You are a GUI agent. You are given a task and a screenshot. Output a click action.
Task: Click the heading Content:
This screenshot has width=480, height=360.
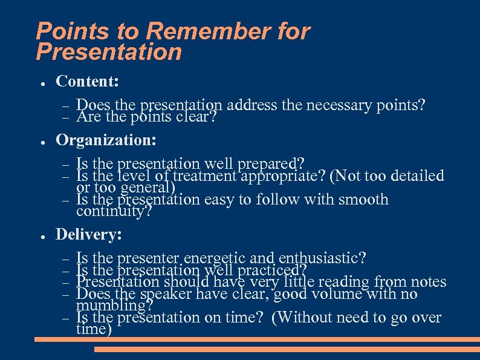(87, 82)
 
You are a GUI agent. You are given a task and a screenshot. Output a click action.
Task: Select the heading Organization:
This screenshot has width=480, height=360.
(106, 140)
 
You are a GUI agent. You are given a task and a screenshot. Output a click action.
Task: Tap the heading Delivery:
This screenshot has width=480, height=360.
(89, 234)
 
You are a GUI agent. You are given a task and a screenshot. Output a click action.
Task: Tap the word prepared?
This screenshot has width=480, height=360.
(272, 164)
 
